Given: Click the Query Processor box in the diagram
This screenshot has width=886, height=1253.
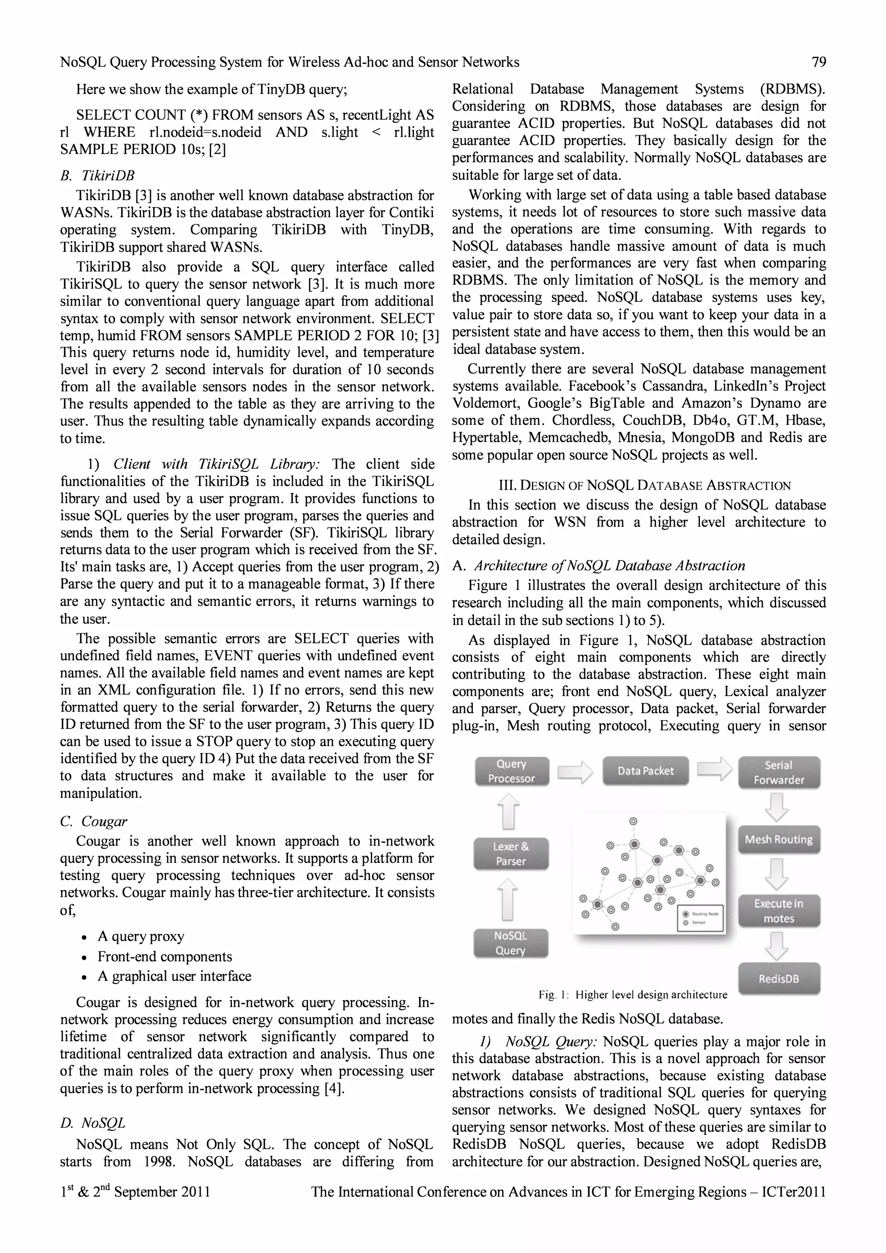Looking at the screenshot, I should coord(511,771).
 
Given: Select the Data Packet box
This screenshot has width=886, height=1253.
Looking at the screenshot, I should coord(645,771).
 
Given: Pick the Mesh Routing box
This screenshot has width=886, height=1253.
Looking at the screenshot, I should coord(779,840).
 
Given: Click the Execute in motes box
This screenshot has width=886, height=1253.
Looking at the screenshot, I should coord(779,911).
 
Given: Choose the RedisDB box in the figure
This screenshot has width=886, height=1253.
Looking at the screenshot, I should coord(779,978).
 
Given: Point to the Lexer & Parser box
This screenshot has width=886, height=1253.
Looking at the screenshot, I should coord(511,853).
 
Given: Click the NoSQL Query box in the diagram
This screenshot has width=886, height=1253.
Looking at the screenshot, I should coord(510,943).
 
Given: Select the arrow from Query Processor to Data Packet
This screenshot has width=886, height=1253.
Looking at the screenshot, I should coord(575,772).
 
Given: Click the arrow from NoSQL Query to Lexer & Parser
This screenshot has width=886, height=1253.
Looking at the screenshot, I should coord(509,899).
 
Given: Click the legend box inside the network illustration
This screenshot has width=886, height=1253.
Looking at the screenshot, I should coord(700,918).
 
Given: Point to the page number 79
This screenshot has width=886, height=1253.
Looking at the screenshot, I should coord(819,62).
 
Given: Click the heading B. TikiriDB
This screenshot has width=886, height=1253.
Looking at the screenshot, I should coord(97,176).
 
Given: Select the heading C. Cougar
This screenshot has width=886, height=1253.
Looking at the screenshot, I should coord(93,821).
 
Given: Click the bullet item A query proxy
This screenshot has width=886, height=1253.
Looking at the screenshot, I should coord(141,936).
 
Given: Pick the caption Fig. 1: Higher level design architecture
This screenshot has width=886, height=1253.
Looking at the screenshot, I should coord(632,994).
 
